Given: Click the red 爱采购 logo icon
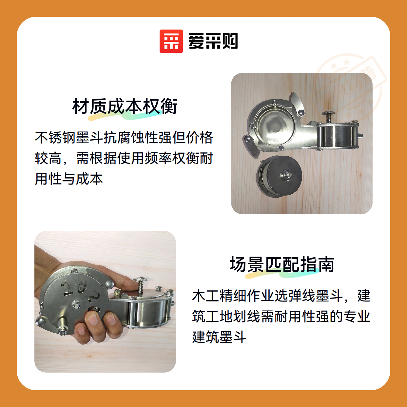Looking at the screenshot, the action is coord(171,41).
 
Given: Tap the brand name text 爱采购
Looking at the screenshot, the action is coord(213,41).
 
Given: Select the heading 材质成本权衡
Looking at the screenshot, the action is coord(125,106).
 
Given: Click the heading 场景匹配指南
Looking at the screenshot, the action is coord(282,264).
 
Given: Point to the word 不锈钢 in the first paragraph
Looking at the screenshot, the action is coord(55,138).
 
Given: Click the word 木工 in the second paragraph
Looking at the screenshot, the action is coord(205,296).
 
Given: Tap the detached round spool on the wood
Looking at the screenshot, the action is coord(280,176).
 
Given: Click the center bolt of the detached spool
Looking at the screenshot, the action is coord(286,175).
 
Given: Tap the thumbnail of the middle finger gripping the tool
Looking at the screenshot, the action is coord(92,319).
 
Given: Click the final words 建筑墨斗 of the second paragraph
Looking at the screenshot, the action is coord(219,337).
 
